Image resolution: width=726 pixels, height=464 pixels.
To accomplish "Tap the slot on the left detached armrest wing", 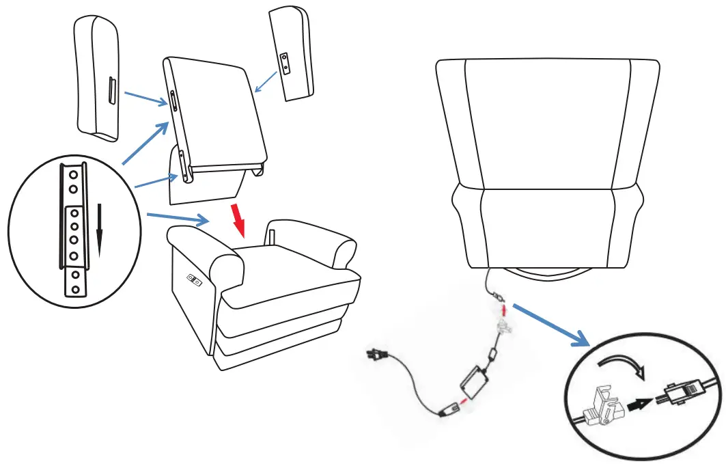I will point(112,91).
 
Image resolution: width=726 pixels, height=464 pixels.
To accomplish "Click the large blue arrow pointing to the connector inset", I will point(550,323).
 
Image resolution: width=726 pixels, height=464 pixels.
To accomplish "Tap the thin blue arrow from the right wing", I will point(267,83).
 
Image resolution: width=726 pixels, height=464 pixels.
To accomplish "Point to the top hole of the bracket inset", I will point(71,174).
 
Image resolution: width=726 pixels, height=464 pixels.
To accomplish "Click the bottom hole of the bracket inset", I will point(76,289).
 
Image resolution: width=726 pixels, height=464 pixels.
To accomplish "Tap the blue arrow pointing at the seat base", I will point(178,218).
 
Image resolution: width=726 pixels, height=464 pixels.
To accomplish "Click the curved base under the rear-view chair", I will point(546,273).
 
